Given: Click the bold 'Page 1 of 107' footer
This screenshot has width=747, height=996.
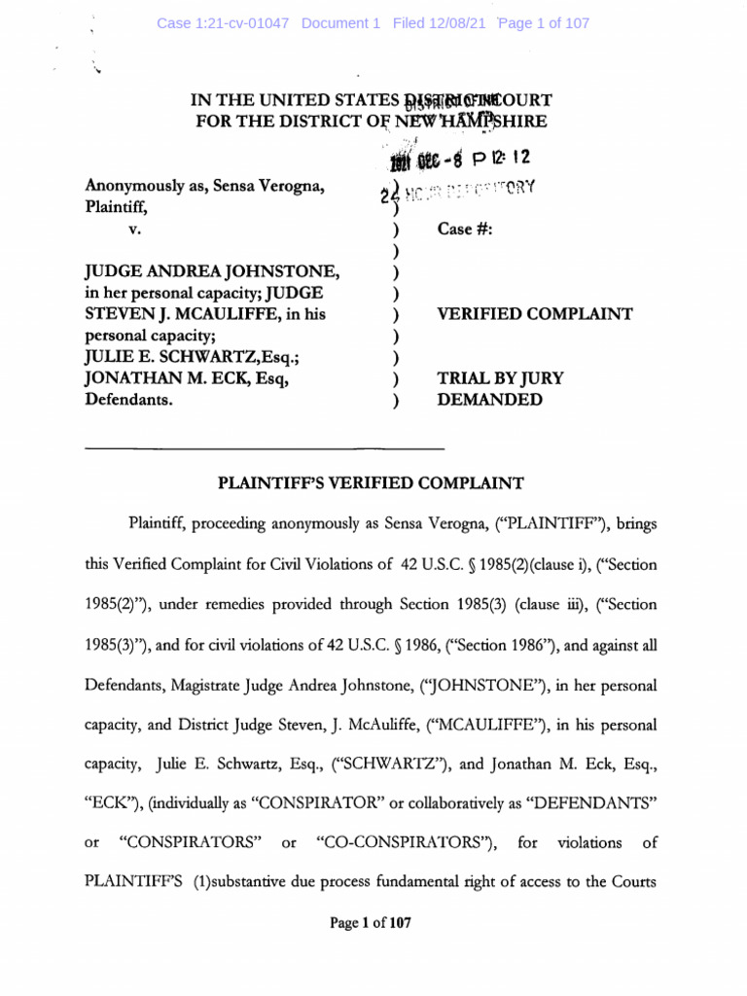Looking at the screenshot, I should pos(372,923).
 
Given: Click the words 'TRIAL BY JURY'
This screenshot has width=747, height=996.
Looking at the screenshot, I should pos(500,378).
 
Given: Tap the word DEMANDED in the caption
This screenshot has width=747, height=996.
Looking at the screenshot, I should pos(490,400).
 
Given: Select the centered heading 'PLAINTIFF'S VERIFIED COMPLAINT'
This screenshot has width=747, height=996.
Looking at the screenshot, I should pos(373,482).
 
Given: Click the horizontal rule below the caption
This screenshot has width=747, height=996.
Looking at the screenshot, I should pos(266,448).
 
